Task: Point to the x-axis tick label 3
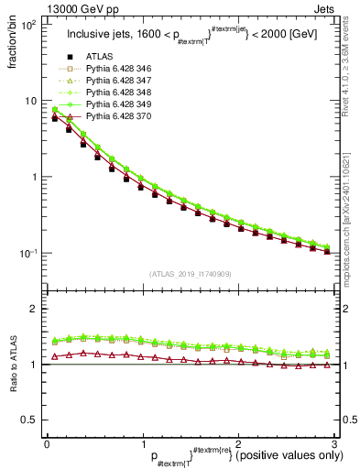pyautogui.click(x=333, y=442)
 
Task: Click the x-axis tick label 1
pyautogui.click(x=142, y=442)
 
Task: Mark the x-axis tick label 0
pyautogui.click(x=47, y=442)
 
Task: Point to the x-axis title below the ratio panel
pyautogui.click(x=234, y=455)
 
